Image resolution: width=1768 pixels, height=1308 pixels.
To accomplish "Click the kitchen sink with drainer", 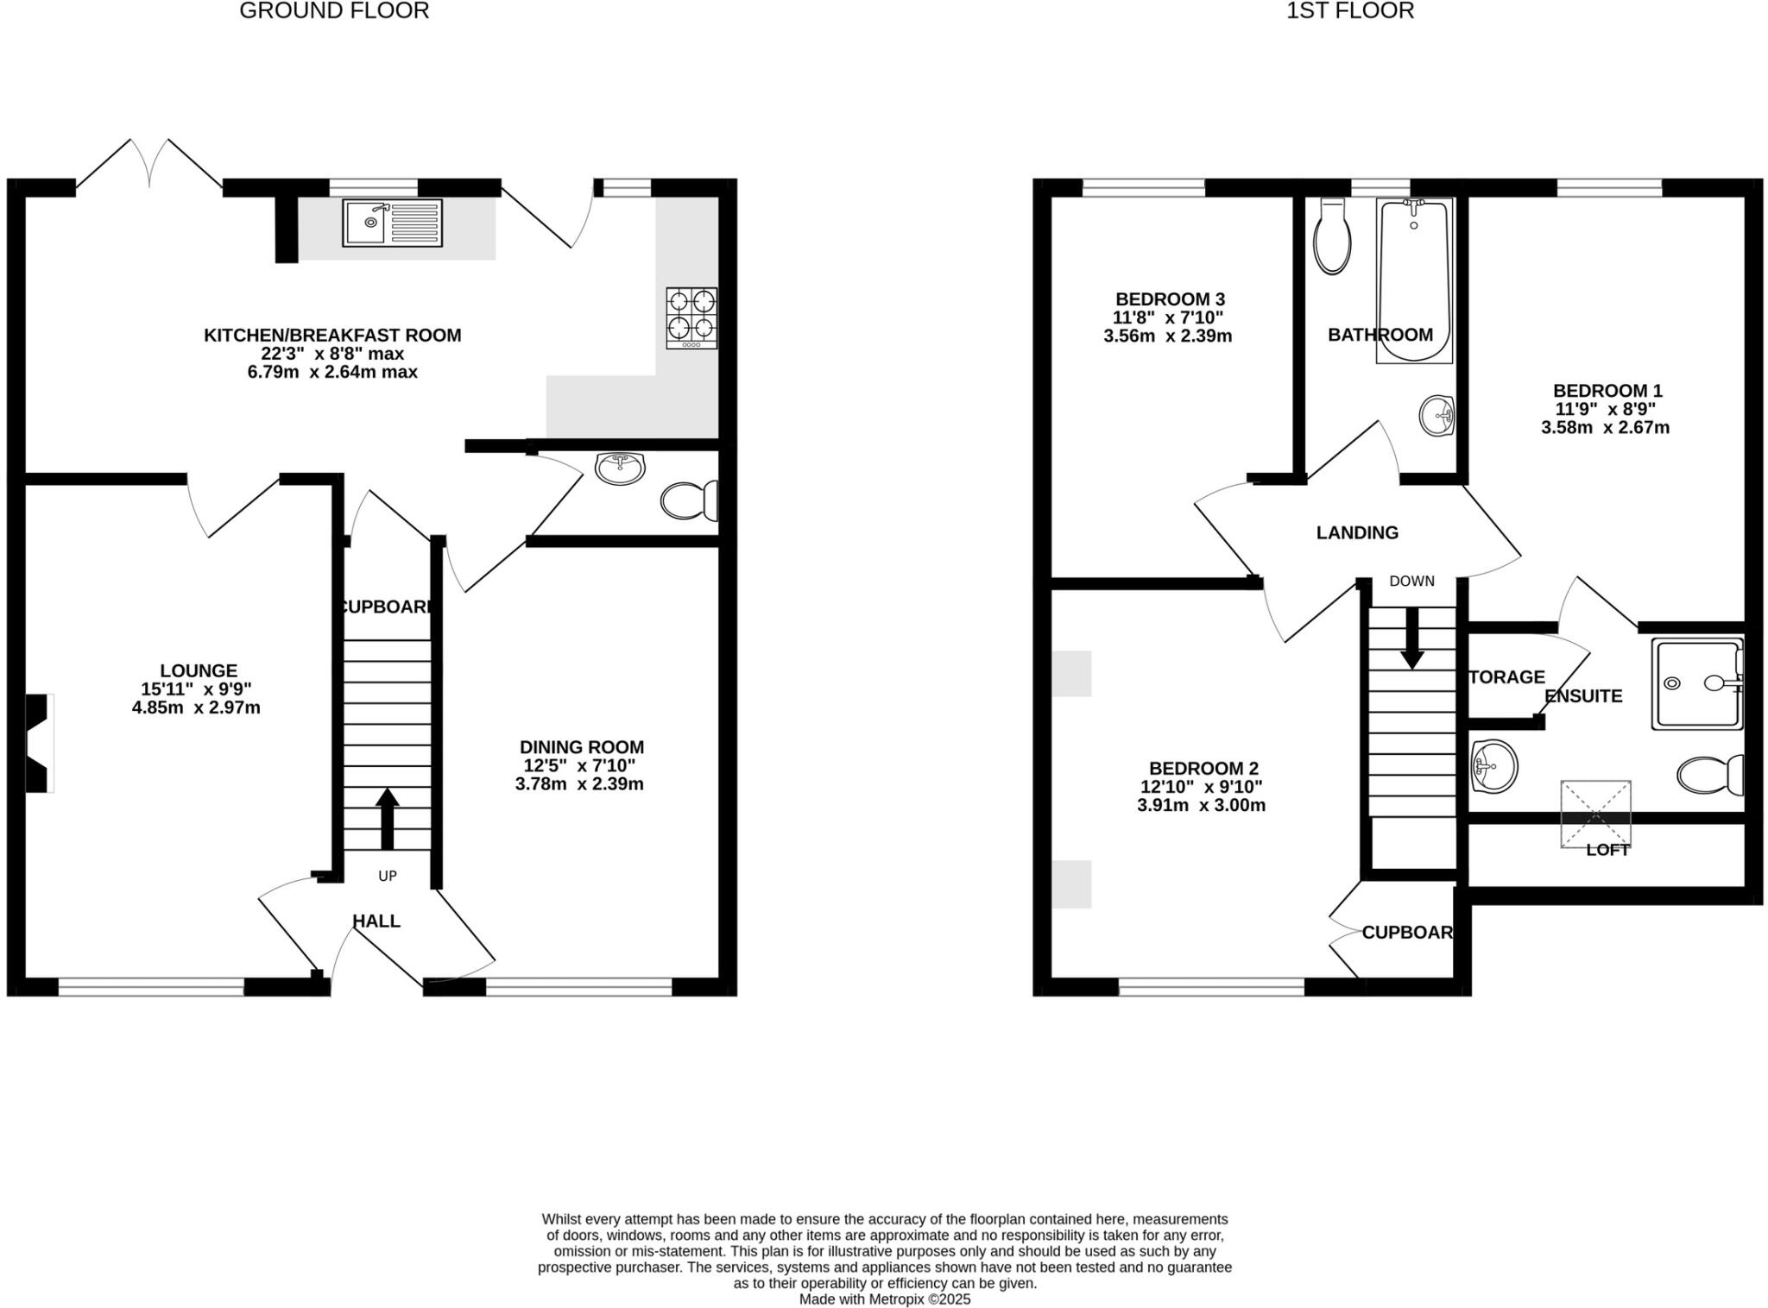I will [x=392, y=223].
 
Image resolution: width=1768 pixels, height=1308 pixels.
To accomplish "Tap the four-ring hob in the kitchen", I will [x=691, y=318].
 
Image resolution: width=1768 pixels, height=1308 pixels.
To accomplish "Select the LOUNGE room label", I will [x=199, y=670].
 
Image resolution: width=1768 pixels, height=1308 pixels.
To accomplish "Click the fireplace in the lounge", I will [x=39, y=743].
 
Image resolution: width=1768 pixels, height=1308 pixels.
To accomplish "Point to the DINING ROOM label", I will [x=581, y=747].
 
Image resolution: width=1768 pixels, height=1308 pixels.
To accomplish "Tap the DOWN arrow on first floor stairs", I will [x=1412, y=638].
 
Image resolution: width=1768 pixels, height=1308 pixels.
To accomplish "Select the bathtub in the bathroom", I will [x=1414, y=280].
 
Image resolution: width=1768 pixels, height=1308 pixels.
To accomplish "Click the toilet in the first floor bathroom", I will [x=1332, y=237].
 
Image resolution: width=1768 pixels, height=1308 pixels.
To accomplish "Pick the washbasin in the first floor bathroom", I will [x=1436, y=417].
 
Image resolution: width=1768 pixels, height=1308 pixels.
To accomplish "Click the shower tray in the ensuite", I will [x=1697, y=683].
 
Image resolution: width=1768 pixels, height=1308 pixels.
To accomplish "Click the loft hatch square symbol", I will [x=1595, y=814].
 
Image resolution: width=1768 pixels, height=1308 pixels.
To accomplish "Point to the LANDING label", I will [x=1357, y=533].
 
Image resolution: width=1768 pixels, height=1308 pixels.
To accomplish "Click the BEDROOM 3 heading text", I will [x=1170, y=299].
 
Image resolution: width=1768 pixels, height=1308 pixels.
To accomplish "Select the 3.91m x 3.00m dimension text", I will [x=1202, y=806].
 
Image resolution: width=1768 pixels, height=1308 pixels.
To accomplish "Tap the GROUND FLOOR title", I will [x=334, y=11].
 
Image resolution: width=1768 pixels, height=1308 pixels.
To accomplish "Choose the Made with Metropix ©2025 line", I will [x=884, y=1299].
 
